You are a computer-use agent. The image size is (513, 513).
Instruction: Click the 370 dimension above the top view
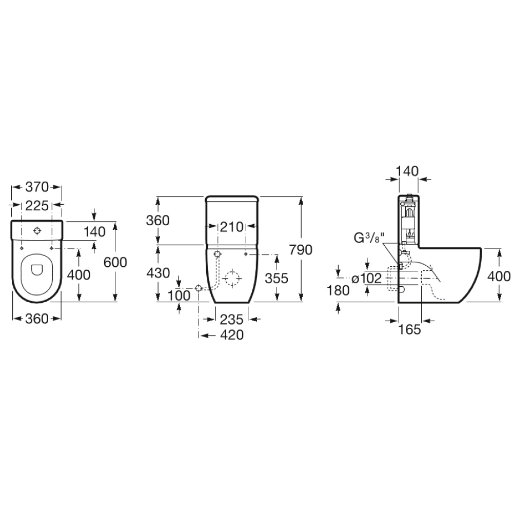36,187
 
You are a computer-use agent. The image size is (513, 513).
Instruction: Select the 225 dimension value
37,205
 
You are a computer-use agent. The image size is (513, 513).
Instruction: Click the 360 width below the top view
36,319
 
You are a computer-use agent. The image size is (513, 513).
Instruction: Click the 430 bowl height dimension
158,273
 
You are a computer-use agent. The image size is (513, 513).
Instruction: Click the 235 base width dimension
231,319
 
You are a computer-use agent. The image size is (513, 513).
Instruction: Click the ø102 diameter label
367,279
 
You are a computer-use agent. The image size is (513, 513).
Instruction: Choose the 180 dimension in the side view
339,290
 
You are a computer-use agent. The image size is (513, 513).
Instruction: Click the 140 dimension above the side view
408,171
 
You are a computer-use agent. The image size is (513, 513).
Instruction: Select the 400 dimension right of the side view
499,277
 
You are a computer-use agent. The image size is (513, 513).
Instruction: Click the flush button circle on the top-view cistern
37,231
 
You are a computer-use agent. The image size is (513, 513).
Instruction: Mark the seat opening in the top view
36,269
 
